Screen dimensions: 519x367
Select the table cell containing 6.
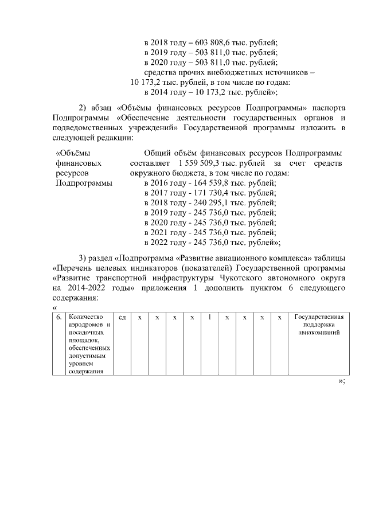tap(58, 317)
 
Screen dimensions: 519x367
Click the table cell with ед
tap(122, 317)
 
